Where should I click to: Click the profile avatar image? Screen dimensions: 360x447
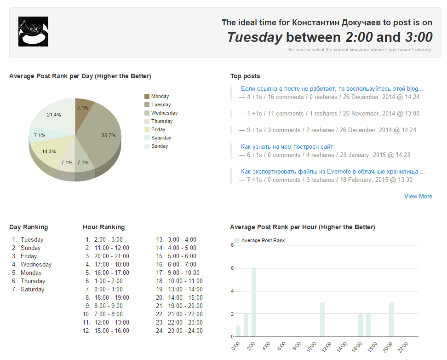(x=33, y=31)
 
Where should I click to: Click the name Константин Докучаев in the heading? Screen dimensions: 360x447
(x=336, y=23)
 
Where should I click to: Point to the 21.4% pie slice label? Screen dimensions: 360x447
(x=54, y=115)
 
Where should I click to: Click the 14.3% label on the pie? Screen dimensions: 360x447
(x=49, y=151)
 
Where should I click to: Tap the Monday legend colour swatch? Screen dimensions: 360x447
(x=147, y=97)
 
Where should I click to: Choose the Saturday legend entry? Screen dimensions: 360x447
(x=161, y=138)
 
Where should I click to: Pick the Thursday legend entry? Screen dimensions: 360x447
(x=161, y=121)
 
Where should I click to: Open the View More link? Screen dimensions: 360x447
(x=418, y=196)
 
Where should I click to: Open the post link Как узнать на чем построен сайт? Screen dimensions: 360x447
(x=287, y=147)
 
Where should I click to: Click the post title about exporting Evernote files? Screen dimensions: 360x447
(x=332, y=172)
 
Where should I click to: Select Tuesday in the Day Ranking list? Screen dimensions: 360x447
(x=32, y=239)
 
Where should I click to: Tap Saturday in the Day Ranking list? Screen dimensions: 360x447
(x=32, y=289)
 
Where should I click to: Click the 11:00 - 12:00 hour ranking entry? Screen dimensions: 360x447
(x=111, y=248)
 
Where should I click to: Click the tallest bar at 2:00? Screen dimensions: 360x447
(x=254, y=302)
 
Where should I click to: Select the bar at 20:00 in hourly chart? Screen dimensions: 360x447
(x=391, y=319)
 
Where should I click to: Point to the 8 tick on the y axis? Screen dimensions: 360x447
(x=233, y=245)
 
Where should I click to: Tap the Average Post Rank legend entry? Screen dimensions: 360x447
(x=263, y=240)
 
